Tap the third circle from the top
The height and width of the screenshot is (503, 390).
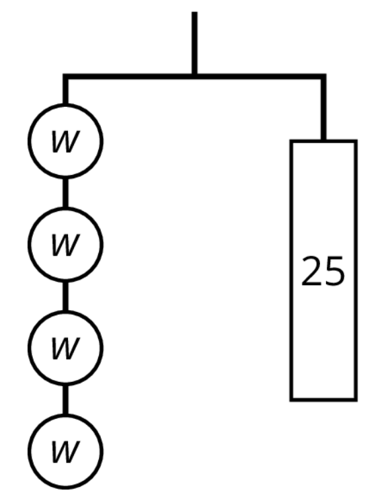coord(65,311)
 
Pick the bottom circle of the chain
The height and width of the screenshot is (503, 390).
coord(65,414)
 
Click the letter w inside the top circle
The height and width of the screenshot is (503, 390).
coord(65,141)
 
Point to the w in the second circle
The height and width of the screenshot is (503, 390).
coord(65,245)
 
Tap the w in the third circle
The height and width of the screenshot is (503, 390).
coord(65,348)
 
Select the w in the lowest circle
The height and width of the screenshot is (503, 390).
coord(65,452)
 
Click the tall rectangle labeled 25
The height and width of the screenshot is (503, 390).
coord(291,270)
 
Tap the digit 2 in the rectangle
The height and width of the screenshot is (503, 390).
coord(311,271)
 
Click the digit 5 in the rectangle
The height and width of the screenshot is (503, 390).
coord(334,271)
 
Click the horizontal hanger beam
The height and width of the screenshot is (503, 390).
coord(194,77)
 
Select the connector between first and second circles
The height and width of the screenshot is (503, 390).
coord(65,193)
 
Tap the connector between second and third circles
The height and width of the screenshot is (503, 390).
coord(65,297)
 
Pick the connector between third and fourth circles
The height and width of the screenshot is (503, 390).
coord(65,400)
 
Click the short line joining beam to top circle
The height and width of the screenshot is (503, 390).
coord(65,91)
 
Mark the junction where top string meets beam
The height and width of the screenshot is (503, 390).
coord(194,77)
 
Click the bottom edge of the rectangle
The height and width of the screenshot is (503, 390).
coord(323,399)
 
